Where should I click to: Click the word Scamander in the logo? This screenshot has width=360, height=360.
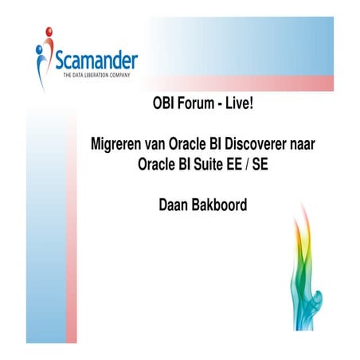tap(96, 59)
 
